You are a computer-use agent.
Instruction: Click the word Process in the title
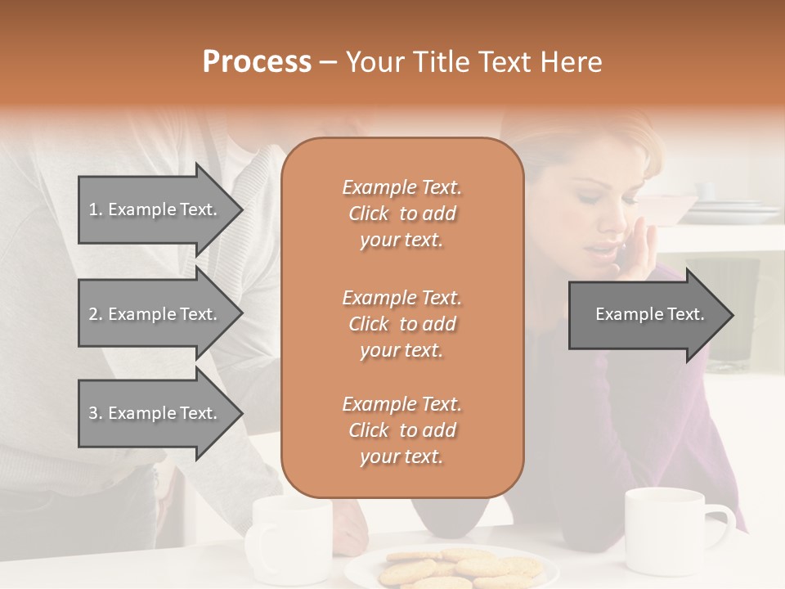pyautogui.click(x=257, y=62)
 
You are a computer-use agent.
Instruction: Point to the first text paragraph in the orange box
pyautogui.click(x=401, y=214)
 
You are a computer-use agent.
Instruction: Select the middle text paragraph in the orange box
pyautogui.click(x=401, y=323)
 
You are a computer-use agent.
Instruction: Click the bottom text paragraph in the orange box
pyautogui.click(x=401, y=430)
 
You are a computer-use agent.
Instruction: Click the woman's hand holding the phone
pyautogui.click(x=639, y=254)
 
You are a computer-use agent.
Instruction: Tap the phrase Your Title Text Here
pyautogui.click(x=474, y=62)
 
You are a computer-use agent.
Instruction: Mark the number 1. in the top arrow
pyautogui.click(x=96, y=209)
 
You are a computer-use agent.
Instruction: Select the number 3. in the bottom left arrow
pyautogui.click(x=96, y=413)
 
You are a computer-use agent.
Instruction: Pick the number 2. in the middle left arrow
pyautogui.click(x=96, y=314)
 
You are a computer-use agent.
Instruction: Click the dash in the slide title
pyautogui.click(x=329, y=62)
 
